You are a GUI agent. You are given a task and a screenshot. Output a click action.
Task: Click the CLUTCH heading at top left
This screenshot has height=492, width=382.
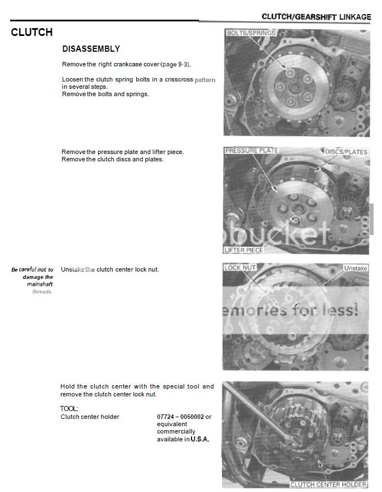pos(32,32)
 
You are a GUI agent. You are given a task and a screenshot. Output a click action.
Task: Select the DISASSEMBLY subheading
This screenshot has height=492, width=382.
pos(91,49)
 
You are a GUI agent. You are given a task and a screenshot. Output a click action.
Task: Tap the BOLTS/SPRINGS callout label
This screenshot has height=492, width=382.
pos(251,33)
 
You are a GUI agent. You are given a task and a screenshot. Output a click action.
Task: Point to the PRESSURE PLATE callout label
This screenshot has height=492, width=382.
pos(251,151)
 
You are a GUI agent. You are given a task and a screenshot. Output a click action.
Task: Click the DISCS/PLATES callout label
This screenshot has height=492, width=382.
pos(346,152)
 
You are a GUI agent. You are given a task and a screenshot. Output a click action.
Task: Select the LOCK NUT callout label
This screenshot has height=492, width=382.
pos(241,268)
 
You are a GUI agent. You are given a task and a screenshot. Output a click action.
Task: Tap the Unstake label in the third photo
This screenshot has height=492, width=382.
pos(355,268)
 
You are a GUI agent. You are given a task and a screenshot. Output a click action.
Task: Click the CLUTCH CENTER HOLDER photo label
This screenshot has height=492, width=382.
pos(328,484)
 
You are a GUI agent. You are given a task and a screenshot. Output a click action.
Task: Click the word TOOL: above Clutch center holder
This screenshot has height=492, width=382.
pos(69,408)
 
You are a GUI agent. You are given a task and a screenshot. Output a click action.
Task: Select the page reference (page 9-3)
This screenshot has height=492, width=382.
pos(175,64)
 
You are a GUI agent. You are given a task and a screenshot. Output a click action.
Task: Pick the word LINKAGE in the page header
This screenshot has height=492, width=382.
pos(355,17)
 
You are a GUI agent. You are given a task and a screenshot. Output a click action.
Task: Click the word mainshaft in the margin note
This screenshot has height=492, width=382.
pos(39,284)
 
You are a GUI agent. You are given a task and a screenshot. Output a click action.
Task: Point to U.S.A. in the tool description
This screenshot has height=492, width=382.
pos(200,439)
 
